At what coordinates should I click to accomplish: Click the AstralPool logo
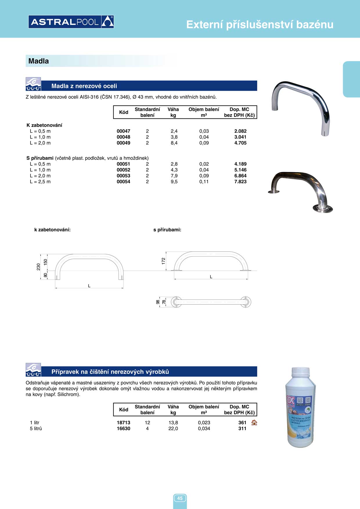(71, 22)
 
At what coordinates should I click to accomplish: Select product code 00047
(123, 131)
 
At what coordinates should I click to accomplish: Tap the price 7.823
(240, 182)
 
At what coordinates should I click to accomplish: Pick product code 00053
(123, 176)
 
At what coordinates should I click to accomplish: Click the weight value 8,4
(174, 143)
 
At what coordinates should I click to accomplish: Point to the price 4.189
(240, 164)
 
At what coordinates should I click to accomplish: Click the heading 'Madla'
(39, 61)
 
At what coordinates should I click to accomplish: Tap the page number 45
(180, 498)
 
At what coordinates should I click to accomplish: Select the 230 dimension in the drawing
(38, 267)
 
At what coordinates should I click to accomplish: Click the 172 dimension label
(163, 261)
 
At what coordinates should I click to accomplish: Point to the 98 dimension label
(158, 302)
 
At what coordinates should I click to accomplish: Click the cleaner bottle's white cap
(300, 371)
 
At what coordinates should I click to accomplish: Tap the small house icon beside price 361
(254, 423)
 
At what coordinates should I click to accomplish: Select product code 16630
(123, 429)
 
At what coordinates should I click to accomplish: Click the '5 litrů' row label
(36, 429)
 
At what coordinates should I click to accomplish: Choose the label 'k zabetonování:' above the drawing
(52, 230)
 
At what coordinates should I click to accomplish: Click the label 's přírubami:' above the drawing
(167, 230)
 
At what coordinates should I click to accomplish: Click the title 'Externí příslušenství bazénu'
(260, 25)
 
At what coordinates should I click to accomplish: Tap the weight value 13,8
(173, 423)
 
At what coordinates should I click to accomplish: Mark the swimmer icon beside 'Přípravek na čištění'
(33, 370)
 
